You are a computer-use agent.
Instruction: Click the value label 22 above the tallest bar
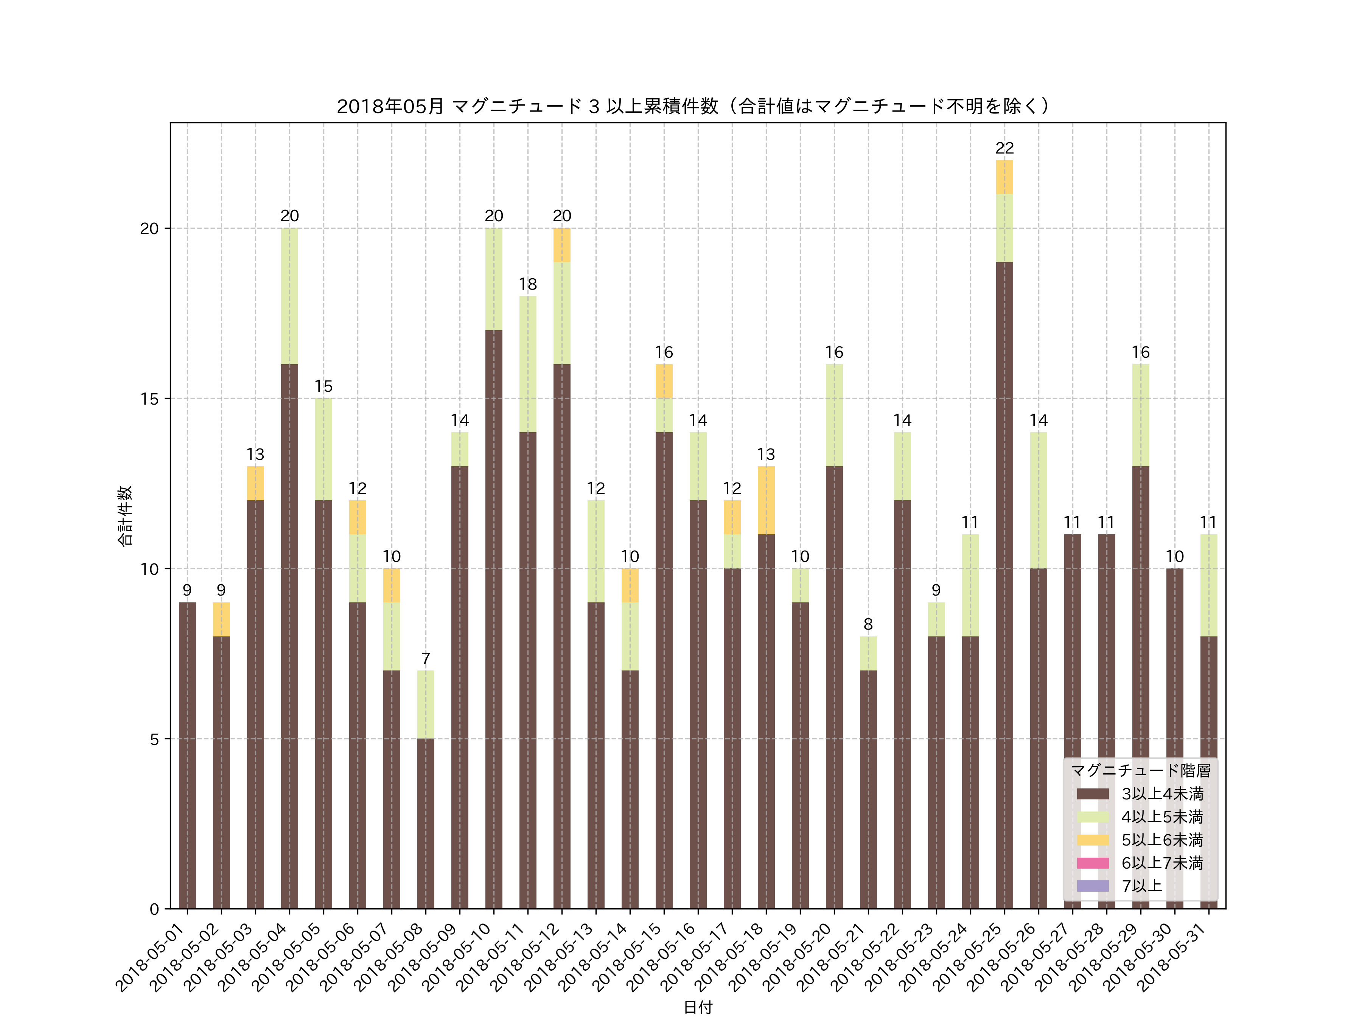point(1004,148)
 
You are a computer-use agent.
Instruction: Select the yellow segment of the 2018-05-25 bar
point(1004,177)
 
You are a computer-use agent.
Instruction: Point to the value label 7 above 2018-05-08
point(426,658)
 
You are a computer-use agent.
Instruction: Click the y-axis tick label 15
point(149,399)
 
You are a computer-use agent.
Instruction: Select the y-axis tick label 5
point(154,739)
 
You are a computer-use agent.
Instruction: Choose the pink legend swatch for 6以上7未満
point(1093,863)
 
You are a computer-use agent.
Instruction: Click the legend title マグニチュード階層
point(1140,771)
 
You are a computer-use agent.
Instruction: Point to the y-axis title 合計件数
point(125,516)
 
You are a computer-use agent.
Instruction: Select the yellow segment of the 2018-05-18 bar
point(766,500)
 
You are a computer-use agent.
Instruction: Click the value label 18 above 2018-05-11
point(528,284)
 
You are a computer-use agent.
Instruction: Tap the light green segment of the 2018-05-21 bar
point(868,653)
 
